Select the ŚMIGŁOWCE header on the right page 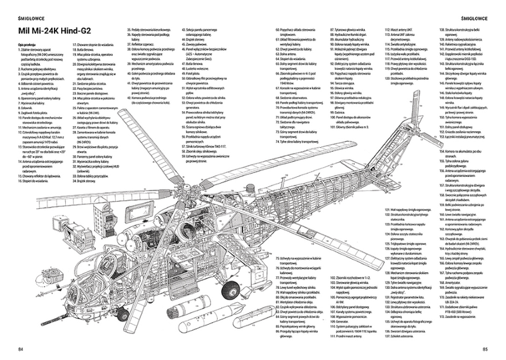[x=475, y=11]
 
